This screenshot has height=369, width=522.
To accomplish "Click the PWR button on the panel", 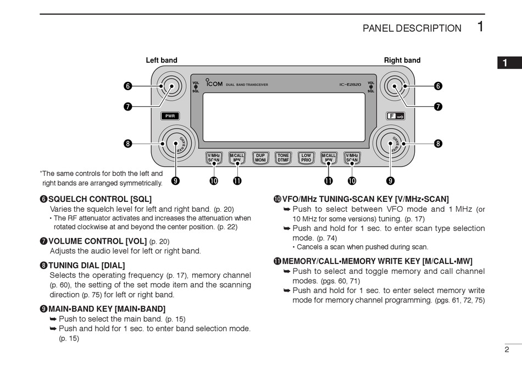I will pos(170,116).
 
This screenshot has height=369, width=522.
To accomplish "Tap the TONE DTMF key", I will pos(283,158).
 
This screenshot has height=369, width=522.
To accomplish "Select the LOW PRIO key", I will pos(306,158).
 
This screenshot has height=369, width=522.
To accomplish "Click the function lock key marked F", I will pos(395,116).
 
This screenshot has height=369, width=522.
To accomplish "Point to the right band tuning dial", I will pos(390,144).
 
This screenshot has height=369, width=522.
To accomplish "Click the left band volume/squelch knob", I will pos(169,86).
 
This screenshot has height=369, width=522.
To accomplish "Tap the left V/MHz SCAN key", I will pos(214,158).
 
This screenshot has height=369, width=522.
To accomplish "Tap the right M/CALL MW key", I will pos(329,158).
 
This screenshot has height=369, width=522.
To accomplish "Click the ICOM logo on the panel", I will pos(214,84).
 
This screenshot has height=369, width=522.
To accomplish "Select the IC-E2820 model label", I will pos(349,85).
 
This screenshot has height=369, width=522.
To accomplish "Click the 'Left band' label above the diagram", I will pos(162,60).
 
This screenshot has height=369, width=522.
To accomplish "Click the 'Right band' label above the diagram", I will pos(402,60).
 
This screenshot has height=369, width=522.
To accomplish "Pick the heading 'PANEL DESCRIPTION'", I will pos(412,29).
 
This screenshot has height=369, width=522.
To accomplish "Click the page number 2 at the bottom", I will pos(507,349).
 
